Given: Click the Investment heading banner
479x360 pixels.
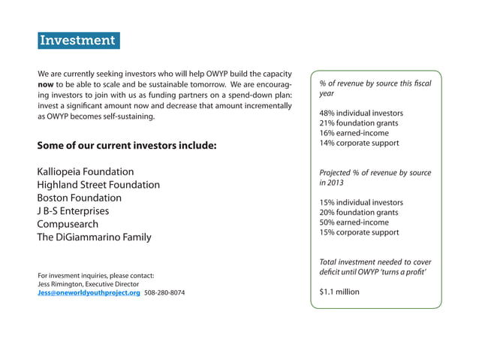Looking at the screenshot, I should (78, 40).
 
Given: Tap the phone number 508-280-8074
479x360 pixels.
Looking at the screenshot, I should (164, 293).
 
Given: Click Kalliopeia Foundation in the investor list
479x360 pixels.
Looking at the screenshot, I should (85, 172).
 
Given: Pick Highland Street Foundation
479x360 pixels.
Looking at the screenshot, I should (98, 185).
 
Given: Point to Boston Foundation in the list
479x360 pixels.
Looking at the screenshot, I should (79, 198).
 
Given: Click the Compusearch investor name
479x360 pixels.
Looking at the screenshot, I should (72, 224).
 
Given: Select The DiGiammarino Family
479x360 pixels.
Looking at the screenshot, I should (94, 237).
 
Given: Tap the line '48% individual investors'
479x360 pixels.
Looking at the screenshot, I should (361, 113).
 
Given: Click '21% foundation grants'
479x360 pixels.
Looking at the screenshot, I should (359, 123).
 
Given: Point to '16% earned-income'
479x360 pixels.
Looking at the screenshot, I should (354, 133).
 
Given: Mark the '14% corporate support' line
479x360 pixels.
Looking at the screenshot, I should (359, 143).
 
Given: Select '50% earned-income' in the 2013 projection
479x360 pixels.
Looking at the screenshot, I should (354, 222).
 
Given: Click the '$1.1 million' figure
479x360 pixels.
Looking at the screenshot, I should (339, 292).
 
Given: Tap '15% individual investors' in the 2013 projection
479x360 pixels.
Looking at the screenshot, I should (361, 203).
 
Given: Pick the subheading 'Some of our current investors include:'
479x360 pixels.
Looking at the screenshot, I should (126, 145).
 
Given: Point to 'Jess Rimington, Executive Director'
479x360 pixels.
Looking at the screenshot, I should (88, 284).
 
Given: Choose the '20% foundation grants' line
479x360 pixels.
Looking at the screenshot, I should (359, 213).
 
